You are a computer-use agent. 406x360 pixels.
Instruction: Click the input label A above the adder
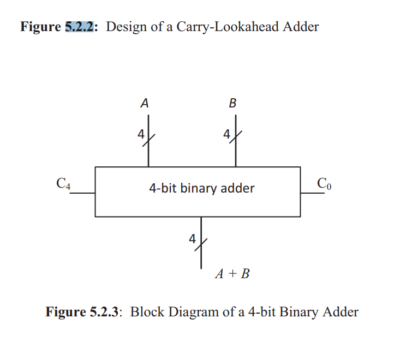pos(145,103)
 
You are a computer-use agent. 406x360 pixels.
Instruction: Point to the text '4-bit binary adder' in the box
pos(202,189)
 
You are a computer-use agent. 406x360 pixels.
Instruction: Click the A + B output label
pos(232,274)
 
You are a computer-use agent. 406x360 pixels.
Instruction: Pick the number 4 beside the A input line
pos(140,134)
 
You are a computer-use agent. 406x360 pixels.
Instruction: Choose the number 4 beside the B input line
pos(226,134)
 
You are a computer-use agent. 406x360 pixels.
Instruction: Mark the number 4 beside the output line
pos(192,238)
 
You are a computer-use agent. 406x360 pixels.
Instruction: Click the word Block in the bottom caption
pos(146,312)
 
